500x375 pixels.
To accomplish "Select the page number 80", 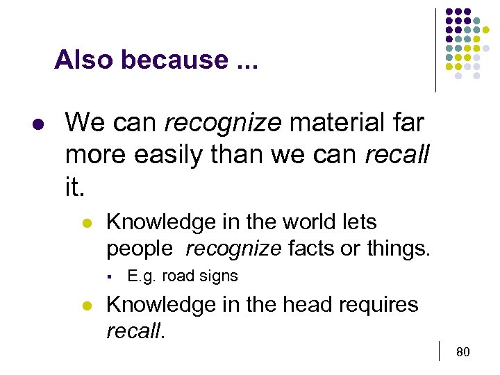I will coord(463,352).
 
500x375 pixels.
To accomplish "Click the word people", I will coord(139,248).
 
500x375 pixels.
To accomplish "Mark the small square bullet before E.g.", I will coord(110,276).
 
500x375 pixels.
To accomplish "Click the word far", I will coord(409,124).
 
